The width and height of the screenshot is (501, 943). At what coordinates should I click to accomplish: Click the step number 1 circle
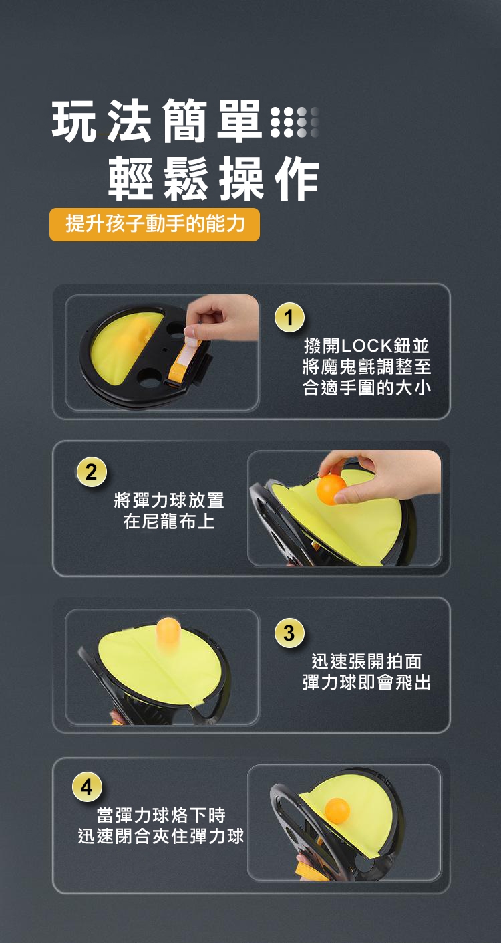tap(289, 317)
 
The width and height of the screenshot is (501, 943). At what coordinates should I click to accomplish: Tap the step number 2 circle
tap(91, 472)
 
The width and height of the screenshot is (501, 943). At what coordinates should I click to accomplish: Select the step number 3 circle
tap(289, 633)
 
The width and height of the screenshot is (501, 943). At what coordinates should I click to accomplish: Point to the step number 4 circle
tap(87, 787)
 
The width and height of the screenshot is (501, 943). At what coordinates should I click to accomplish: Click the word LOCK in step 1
tap(366, 346)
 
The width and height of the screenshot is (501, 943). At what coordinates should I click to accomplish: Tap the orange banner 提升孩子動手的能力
tap(154, 223)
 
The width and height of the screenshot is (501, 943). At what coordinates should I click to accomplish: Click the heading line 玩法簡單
tap(156, 121)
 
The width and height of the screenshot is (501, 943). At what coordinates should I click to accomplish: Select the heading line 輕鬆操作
tap(214, 178)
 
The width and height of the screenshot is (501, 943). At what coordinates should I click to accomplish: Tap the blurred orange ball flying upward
tap(168, 637)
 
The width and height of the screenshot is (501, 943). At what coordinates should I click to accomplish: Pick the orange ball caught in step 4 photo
tap(337, 811)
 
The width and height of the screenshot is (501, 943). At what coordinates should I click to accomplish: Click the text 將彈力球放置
tap(169, 500)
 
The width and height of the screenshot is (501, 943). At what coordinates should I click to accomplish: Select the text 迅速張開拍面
tap(366, 661)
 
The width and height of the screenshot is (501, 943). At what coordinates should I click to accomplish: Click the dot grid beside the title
tap(295, 122)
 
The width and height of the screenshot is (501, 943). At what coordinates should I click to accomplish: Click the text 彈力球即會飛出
tap(367, 682)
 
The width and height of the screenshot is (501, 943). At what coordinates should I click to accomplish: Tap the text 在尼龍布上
tap(169, 522)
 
